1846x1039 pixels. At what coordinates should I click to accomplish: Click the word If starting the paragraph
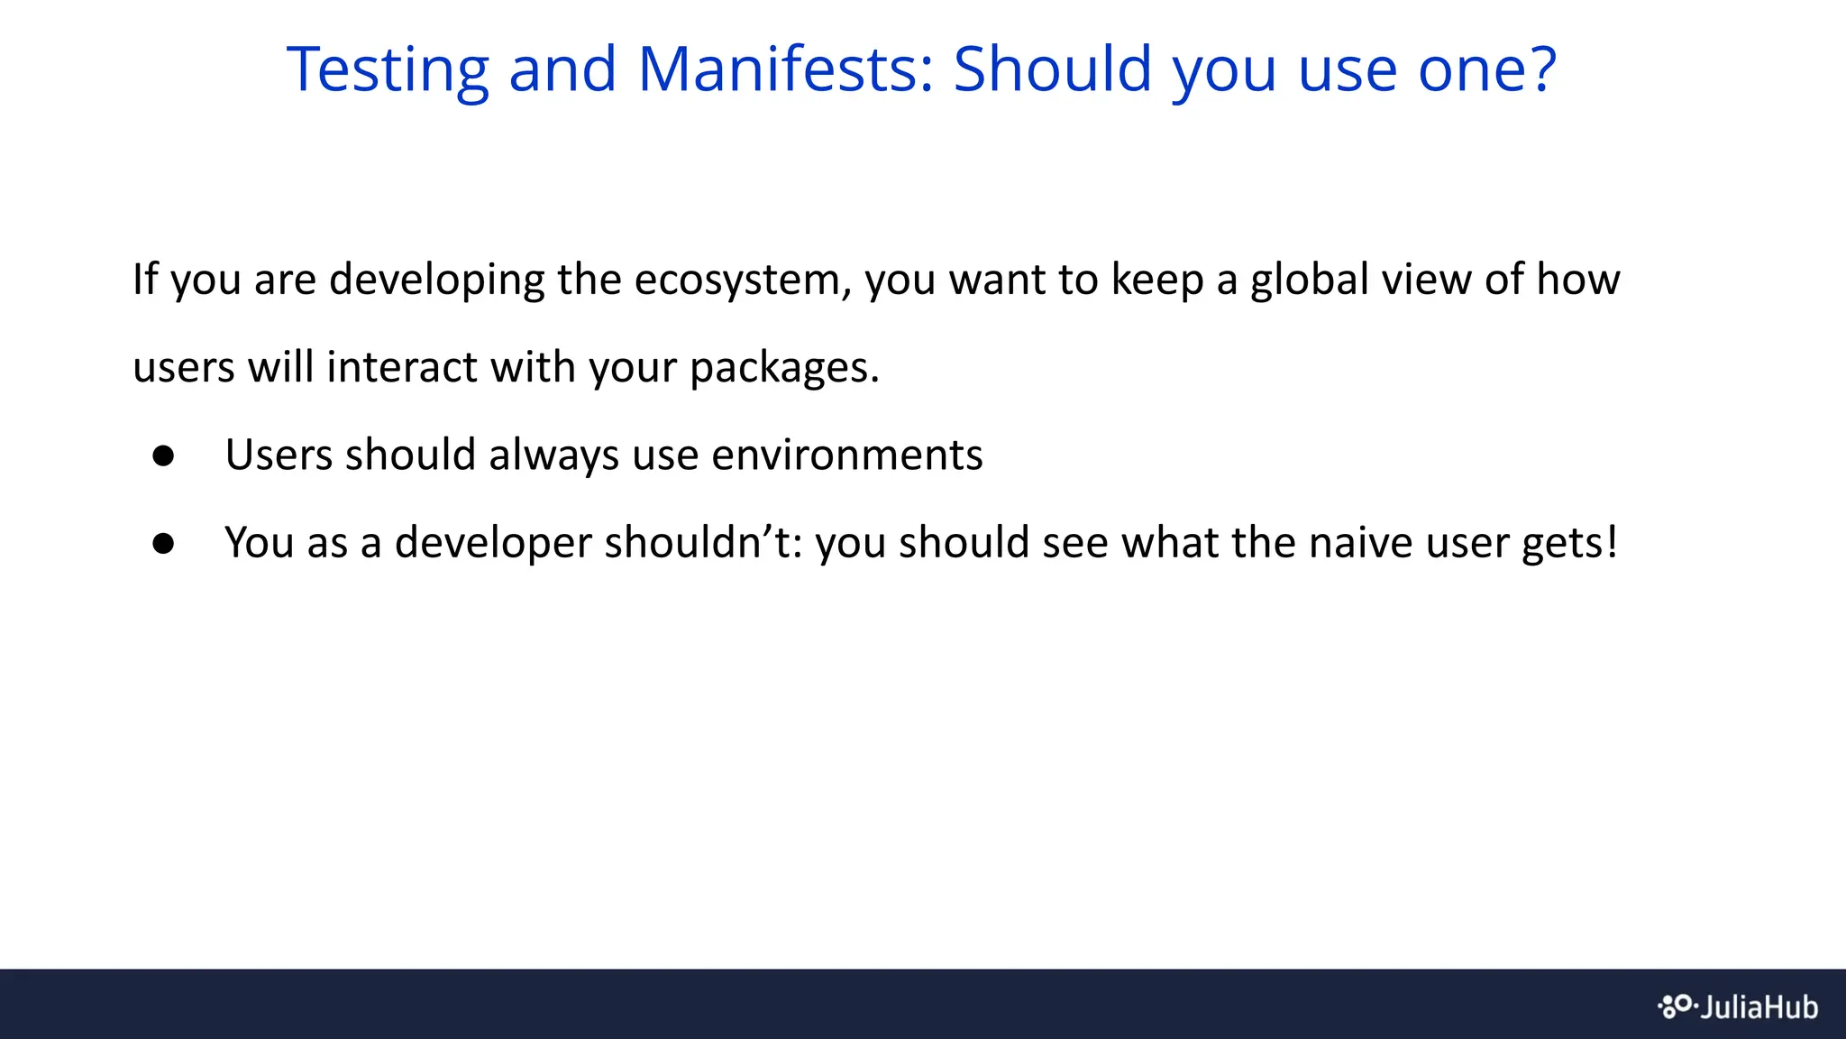click(x=144, y=279)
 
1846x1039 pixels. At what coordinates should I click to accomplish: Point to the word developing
click(x=436, y=280)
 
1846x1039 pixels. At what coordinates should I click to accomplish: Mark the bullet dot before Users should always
click(x=163, y=455)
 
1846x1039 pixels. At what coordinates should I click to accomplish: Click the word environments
click(x=846, y=455)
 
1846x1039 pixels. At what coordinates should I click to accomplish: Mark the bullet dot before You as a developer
click(x=163, y=543)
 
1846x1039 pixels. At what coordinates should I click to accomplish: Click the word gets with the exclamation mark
click(x=1569, y=544)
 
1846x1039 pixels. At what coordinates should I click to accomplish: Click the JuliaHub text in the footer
click(x=1759, y=1007)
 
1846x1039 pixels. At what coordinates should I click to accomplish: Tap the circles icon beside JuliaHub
click(x=1676, y=1006)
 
